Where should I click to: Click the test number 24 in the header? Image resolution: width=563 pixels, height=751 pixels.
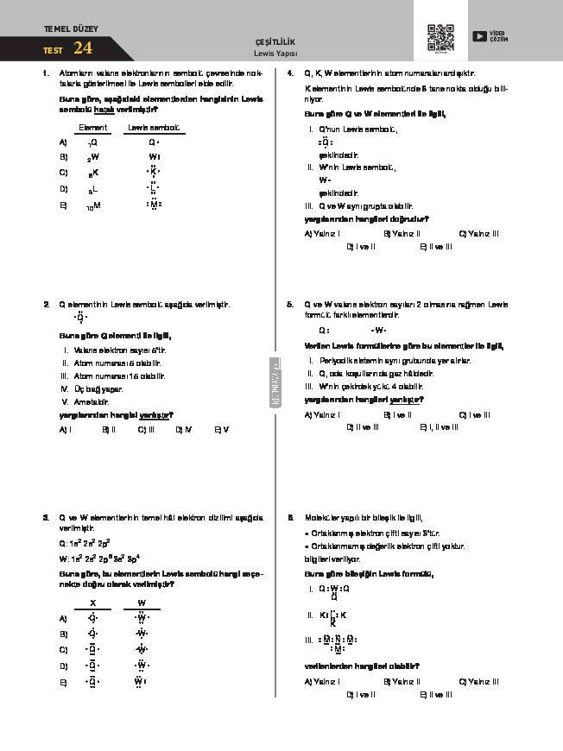coord(84,47)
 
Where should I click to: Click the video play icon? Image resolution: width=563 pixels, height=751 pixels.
coord(478,35)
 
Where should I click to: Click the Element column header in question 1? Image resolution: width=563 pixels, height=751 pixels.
coord(92,128)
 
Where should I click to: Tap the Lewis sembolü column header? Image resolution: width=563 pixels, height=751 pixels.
coord(153,128)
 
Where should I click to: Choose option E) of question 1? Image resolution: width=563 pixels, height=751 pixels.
coord(63,205)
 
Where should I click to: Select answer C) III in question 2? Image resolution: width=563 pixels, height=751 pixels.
coord(145,428)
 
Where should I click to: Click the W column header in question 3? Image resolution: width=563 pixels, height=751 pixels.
coord(142,602)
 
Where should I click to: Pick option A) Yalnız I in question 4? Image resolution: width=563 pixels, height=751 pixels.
coord(322,233)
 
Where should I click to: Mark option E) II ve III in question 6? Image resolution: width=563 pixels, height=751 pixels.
coord(435,694)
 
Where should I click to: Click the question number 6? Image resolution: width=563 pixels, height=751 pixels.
coord(291,517)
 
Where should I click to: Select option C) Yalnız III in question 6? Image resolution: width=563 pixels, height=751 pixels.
coord(478,681)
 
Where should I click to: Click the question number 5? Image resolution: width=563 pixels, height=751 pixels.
coord(291,305)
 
